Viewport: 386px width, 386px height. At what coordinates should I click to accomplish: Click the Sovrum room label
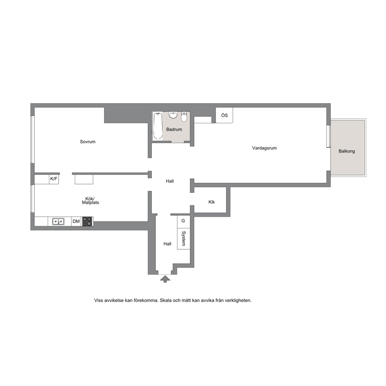tap(88, 142)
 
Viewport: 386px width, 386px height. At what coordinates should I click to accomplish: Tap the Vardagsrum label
tap(264, 148)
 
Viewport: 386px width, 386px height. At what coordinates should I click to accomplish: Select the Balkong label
tap(347, 151)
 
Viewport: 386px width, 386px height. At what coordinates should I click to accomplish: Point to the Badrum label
tap(174, 129)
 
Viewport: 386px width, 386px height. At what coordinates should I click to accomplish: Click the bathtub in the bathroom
tap(158, 126)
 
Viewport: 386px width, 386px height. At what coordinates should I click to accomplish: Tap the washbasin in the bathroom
tap(174, 115)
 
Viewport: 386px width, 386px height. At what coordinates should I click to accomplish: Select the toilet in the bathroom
tap(184, 117)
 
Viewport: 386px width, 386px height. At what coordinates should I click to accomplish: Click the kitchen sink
tap(58, 221)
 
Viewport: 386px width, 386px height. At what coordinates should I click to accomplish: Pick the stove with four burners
tap(87, 221)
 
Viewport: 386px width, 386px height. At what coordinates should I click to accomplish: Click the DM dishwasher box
tap(76, 221)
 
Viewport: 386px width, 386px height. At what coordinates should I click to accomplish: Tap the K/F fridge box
tap(54, 179)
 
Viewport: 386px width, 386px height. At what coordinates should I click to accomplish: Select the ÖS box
tap(224, 115)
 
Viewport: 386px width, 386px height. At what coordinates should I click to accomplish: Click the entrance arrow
tap(165, 279)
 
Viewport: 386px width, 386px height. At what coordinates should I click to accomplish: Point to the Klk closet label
tap(211, 202)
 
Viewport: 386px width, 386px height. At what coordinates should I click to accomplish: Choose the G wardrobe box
tap(183, 221)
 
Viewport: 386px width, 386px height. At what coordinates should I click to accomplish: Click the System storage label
tap(184, 238)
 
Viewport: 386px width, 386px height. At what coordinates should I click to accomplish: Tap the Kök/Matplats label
tap(90, 200)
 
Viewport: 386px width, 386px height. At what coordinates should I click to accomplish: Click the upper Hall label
tap(170, 181)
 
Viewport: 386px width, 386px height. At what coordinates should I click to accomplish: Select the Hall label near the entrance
tap(167, 244)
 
